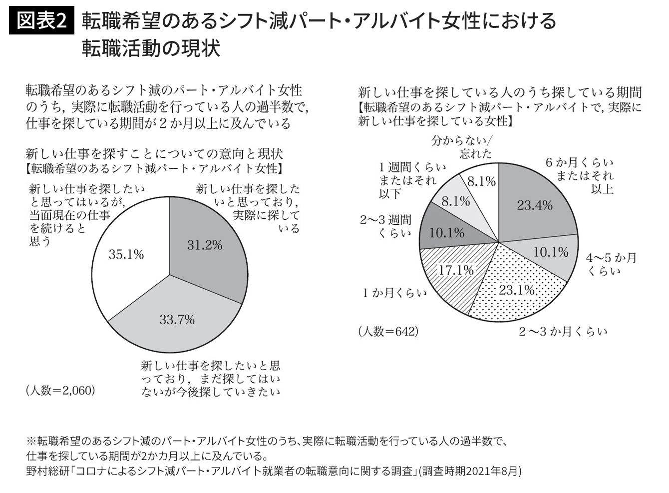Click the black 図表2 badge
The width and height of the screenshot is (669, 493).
(41, 21)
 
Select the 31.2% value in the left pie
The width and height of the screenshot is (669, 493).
(205, 245)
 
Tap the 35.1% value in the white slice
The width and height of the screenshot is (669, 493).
(126, 254)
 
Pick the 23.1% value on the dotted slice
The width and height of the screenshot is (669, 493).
(517, 290)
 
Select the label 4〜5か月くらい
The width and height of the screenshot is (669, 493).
(611, 264)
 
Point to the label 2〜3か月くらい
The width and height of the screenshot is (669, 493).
(563, 332)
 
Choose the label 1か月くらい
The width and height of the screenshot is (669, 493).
(395, 293)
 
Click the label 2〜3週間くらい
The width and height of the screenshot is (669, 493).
(386, 226)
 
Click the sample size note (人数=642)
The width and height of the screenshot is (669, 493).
(388, 331)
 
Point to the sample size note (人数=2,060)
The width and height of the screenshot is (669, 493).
(60, 390)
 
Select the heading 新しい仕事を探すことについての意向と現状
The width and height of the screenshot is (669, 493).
(154, 152)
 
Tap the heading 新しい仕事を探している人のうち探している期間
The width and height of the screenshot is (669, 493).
(500, 92)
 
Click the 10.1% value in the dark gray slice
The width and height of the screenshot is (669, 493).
(447, 233)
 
